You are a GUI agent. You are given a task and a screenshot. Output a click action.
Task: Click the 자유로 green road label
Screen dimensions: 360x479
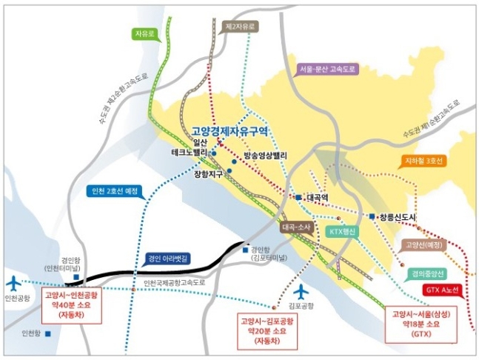(x=144, y=34)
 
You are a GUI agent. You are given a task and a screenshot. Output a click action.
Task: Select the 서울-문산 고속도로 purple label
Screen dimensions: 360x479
(x=326, y=69)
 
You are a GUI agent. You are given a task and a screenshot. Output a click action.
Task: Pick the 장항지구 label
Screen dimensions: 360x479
(x=208, y=175)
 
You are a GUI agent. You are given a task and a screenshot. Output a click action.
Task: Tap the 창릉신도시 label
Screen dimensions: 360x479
(x=398, y=216)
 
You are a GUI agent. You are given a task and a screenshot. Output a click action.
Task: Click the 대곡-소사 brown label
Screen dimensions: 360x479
(x=298, y=228)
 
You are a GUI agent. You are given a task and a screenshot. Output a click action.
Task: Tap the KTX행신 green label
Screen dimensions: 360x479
(x=341, y=232)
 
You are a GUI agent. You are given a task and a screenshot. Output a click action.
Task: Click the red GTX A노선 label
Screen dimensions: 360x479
(x=443, y=290)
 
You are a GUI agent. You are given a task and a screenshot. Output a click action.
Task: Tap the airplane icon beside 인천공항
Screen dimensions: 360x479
(x=14, y=283)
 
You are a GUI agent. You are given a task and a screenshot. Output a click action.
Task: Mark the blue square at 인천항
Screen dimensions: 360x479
(x=48, y=333)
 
